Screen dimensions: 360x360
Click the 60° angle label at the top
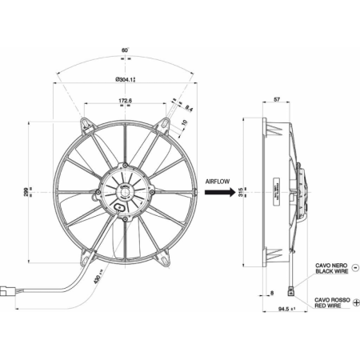pyautogui.click(x=124, y=50)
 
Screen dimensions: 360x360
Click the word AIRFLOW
pyautogui.click(x=218, y=181)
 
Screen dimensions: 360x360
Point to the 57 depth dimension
pyautogui.click(x=276, y=102)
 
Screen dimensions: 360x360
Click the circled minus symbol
pyautogui.click(x=355, y=269)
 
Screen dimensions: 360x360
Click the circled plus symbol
pyautogui.click(x=355, y=302)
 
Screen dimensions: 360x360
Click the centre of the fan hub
pyautogui.click(x=124, y=192)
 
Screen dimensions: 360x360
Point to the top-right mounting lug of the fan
pyautogui.click(x=163, y=124)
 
